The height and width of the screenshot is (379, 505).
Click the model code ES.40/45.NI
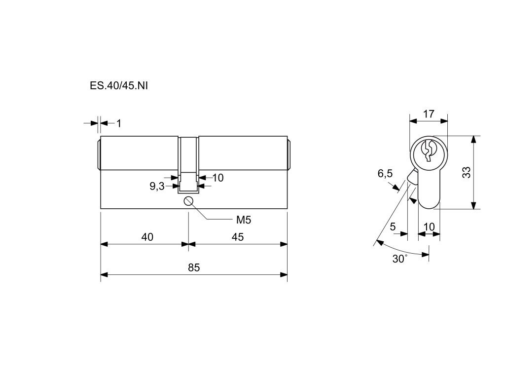tap(119, 85)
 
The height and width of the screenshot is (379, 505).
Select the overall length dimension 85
tap(194, 267)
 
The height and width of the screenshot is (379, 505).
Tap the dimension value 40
tap(147, 237)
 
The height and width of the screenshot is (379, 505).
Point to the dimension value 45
tap(238, 237)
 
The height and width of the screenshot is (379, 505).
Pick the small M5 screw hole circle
tap(188, 201)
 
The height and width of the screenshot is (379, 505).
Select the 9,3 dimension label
tap(157, 186)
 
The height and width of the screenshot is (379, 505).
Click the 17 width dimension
tap(429, 114)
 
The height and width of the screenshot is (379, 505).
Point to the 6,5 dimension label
tap(385, 173)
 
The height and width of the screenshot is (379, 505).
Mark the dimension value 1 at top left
tap(119, 123)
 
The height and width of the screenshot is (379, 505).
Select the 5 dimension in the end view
tap(393, 227)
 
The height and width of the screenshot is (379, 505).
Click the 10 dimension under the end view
tap(429, 227)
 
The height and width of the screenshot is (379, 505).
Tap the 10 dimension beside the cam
tap(217, 177)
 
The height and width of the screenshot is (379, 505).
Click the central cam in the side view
tap(188, 163)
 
